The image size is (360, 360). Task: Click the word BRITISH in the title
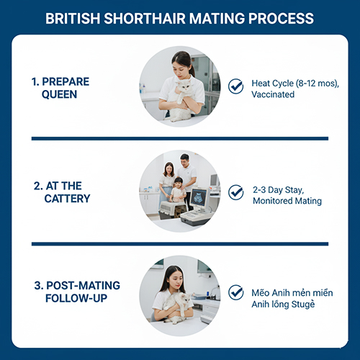pyautogui.click(x=73, y=19)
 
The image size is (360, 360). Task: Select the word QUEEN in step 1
pyautogui.click(x=59, y=94)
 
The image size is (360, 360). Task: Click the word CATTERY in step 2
pyautogui.click(x=67, y=199)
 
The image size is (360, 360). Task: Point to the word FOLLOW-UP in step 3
pyautogui.click(x=76, y=298)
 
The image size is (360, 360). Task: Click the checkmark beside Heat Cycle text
pyautogui.click(x=235, y=86)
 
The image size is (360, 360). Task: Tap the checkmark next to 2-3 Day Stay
pyautogui.click(x=235, y=192)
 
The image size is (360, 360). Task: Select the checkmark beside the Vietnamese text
pyautogui.click(x=235, y=292)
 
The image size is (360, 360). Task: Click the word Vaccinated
pyautogui.click(x=273, y=94)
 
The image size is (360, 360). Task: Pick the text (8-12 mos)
pyautogui.click(x=317, y=84)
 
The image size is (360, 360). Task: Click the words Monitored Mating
pyautogui.click(x=287, y=201)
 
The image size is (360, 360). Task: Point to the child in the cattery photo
pyautogui.click(x=177, y=189)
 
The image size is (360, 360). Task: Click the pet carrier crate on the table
pyautogui.click(x=173, y=210)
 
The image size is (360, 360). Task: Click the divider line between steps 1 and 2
pyautogui.click(x=180, y=138)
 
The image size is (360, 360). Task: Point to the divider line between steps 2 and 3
pyautogui.click(x=180, y=244)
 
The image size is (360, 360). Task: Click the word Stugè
pyautogui.click(x=302, y=305)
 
